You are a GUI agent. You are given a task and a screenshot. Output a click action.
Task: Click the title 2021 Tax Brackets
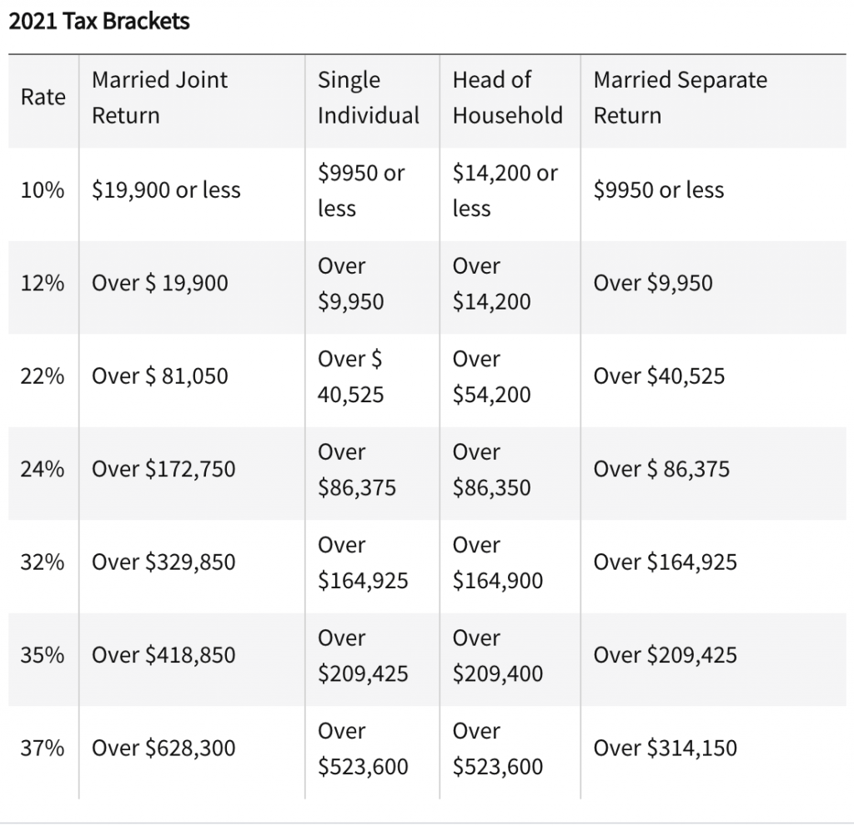(99, 21)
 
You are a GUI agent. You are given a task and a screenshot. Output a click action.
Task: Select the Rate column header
(43, 98)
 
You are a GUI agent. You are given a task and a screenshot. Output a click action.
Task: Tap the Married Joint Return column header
(159, 98)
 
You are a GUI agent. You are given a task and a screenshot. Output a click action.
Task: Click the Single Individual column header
(368, 98)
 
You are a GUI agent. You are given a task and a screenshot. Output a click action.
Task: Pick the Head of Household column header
(507, 98)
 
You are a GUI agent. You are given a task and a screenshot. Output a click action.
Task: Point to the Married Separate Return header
(680, 98)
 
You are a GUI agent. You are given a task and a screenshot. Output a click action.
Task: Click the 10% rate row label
(43, 190)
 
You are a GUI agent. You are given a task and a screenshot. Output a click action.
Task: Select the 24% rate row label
(43, 469)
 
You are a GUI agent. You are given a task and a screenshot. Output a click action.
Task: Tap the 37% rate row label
(43, 748)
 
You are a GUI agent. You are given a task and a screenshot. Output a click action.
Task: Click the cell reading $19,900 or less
(166, 190)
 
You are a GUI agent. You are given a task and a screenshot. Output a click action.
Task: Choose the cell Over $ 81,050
(159, 376)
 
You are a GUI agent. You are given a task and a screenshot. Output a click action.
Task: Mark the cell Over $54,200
(491, 376)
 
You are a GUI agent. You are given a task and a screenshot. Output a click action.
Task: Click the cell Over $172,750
(163, 469)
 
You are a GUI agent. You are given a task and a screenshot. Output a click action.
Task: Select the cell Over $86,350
(491, 469)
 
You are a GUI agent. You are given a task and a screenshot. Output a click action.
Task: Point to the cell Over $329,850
(163, 562)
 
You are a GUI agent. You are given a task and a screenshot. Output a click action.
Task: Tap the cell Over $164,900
(497, 562)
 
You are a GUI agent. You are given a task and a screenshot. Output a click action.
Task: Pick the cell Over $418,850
(163, 655)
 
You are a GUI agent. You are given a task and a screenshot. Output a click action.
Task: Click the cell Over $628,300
(163, 748)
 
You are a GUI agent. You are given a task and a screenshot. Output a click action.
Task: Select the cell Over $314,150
(665, 748)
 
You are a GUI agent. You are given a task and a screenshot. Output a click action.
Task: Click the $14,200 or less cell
(505, 190)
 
